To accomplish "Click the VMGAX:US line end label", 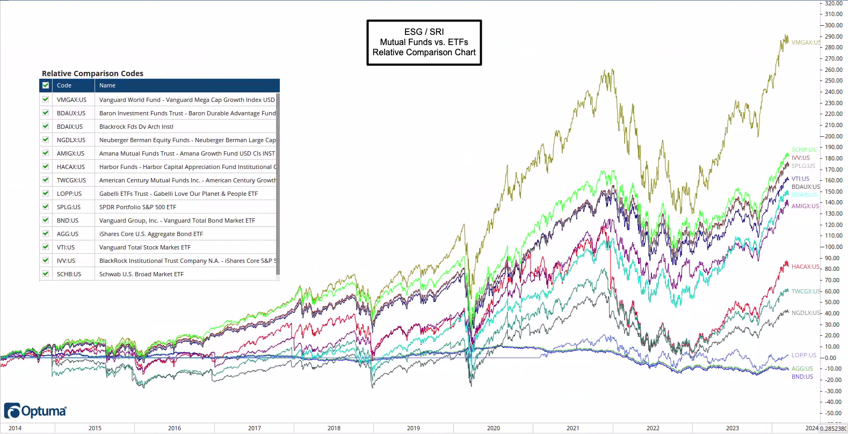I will click(x=806, y=42).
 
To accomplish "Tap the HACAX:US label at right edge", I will click(x=805, y=267).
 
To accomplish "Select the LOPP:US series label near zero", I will click(x=803, y=355).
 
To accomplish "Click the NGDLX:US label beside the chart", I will click(x=806, y=313).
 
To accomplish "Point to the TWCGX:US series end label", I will click(x=806, y=291).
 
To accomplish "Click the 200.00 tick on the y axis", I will click(x=833, y=136).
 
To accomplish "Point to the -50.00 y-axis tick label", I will click(x=833, y=413).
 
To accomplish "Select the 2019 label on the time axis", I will click(x=414, y=428).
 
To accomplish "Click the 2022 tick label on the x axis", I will click(x=653, y=428).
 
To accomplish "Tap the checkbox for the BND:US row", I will click(x=46, y=220).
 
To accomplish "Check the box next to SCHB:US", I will click(x=46, y=274).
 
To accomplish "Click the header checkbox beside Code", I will click(x=46, y=85).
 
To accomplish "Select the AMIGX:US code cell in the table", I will click(x=70, y=153).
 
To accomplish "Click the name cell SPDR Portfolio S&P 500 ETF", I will click(x=137, y=207).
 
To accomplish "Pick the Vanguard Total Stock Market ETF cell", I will click(x=144, y=247).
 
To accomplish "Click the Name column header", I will click(x=107, y=85).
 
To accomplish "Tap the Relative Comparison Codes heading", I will click(x=92, y=73).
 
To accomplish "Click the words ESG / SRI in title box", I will click(x=424, y=32).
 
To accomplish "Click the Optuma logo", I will click(x=35, y=411).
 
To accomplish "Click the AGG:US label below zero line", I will click(x=802, y=369).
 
